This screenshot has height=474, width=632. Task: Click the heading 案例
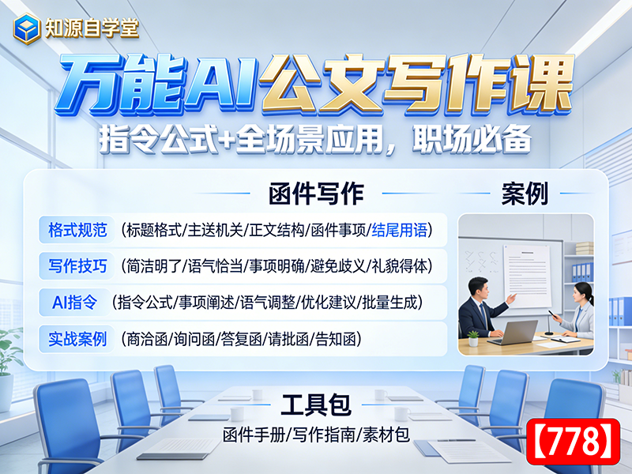pos(525,194)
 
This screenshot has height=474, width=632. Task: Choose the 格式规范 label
pos(76,230)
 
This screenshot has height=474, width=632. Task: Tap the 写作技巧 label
pos(76,265)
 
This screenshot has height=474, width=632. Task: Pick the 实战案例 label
pos(76,339)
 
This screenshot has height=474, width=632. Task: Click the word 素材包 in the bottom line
pos(389,434)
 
